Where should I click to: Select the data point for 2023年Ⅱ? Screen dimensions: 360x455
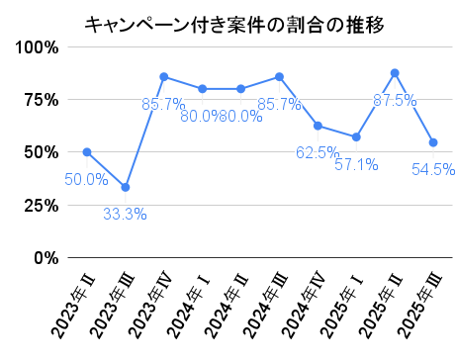(87, 152)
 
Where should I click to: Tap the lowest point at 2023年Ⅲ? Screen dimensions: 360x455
(126, 187)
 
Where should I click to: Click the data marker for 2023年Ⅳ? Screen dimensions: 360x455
(164, 76)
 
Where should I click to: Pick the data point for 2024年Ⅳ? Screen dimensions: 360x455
(318, 126)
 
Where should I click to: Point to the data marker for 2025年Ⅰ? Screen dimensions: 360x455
(356, 137)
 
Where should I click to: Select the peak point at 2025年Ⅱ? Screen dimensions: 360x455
(395, 73)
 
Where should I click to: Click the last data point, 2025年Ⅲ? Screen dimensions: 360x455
(433, 142)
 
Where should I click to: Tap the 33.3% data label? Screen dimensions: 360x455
(126, 215)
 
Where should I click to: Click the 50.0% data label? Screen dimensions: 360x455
(86, 180)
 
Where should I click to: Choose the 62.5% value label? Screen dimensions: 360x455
(318, 152)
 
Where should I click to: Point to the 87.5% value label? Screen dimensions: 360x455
(395, 100)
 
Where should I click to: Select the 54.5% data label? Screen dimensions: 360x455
(433, 170)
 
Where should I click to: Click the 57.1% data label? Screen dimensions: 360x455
(356, 164)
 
